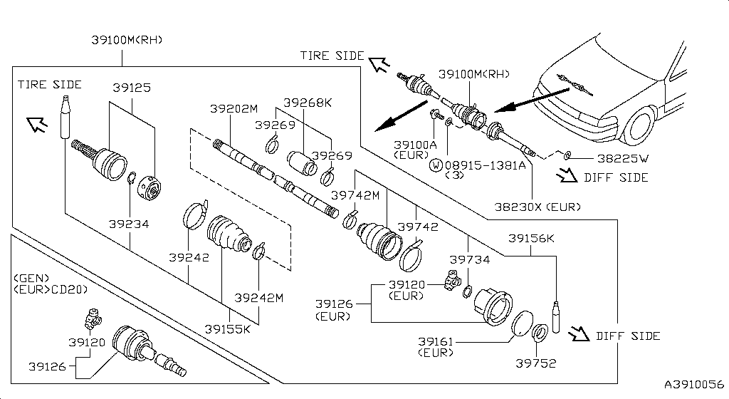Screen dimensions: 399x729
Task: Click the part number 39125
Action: click(x=132, y=88)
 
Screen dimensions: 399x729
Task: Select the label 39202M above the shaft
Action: click(x=234, y=109)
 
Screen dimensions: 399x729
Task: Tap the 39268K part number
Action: click(x=308, y=102)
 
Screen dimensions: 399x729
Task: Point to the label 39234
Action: click(x=129, y=224)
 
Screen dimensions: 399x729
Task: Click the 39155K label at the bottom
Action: click(x=228, y=329)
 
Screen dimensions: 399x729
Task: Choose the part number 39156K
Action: click(x=530, y=239)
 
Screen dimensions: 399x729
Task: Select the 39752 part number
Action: click(x=535, y=363)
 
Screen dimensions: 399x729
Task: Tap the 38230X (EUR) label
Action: click(x=537, y=207)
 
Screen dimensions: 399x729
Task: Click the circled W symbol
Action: click(x=435, y=165)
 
